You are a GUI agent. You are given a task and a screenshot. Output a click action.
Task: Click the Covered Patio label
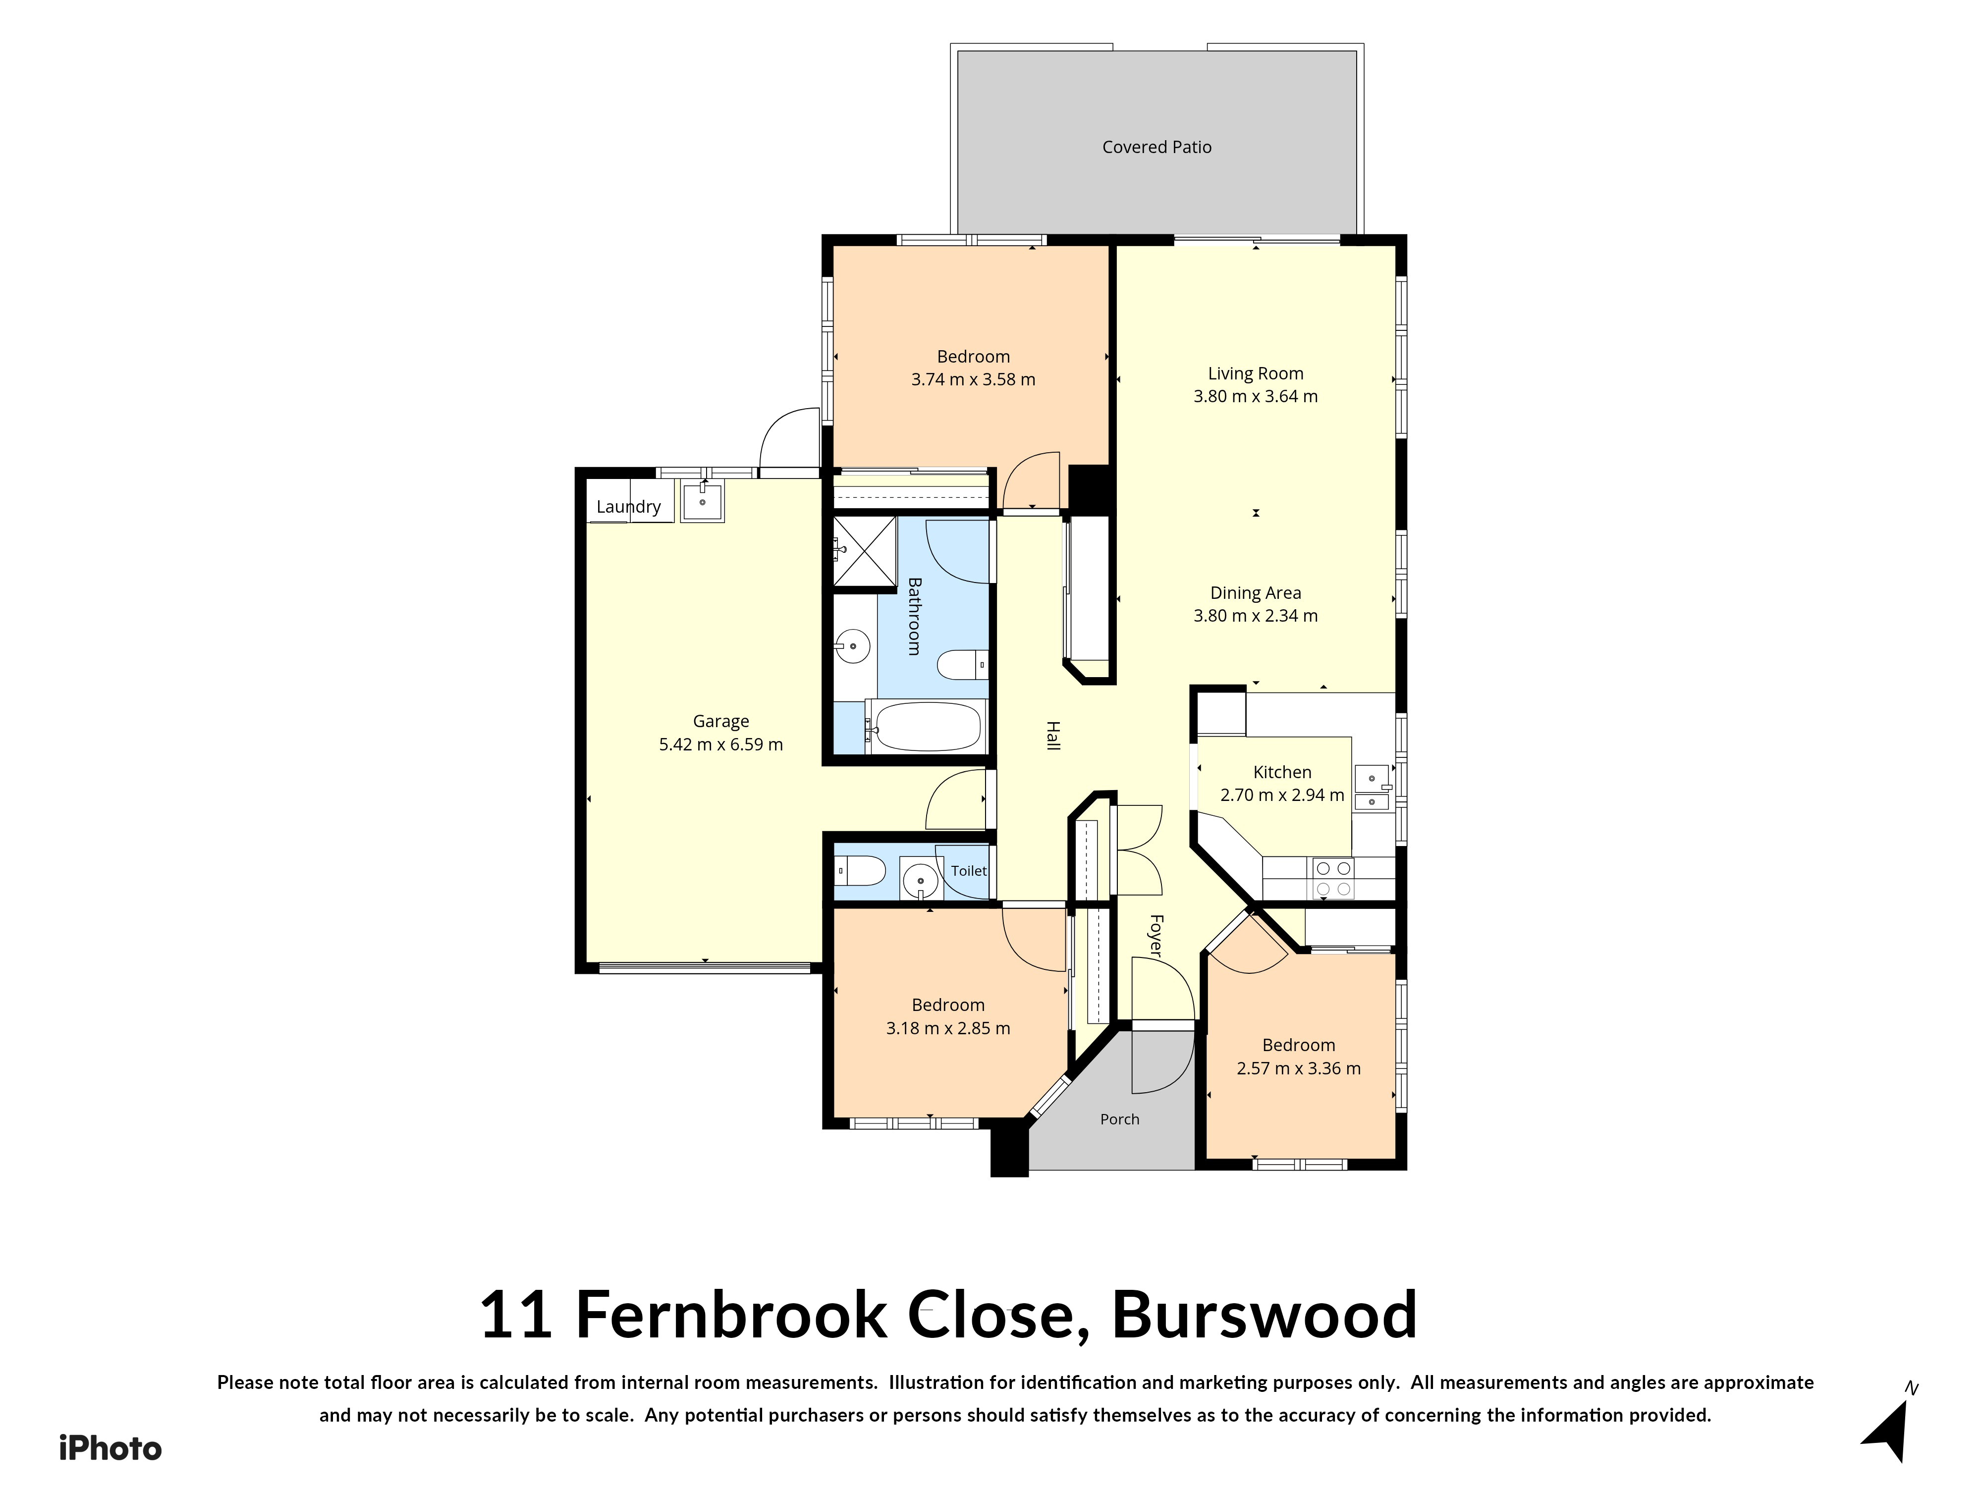pos(1157,147)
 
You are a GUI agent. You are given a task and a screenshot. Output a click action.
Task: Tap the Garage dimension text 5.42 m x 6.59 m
pos(721,744)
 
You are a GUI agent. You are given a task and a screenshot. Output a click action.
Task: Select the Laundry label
pos(628,507)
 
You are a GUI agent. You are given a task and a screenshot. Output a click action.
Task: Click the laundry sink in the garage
pos(703,502)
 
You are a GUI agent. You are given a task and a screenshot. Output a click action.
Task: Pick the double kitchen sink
pos(1372,788)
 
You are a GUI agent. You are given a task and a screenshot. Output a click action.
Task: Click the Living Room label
pos(1255,373)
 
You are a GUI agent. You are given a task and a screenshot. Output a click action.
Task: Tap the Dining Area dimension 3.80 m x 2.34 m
pos(1255,615)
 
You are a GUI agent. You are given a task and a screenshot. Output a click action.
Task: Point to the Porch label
pos(1120,1119)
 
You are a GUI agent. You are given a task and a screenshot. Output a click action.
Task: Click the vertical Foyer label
pos(1156,936)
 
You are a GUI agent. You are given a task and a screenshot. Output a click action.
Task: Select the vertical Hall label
pos(1053,736)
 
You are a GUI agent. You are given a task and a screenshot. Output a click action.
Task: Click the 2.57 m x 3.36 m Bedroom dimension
pos(1298,1068)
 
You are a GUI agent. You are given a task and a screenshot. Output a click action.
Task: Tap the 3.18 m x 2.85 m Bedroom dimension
pos(948,1028)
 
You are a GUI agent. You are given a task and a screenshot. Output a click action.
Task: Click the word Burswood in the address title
pos(1265,1315)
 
